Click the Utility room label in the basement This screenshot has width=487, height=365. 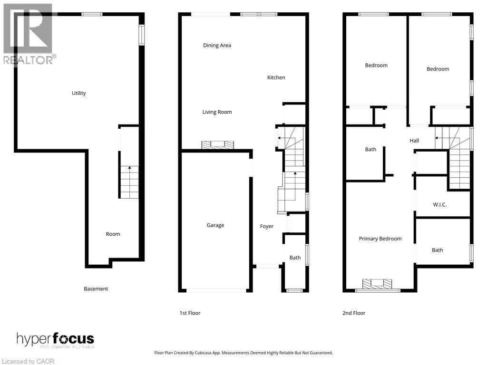click(x=79, y=93)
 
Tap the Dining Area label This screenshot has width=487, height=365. click(x=217, y=46)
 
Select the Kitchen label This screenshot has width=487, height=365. click(x=276, y=77)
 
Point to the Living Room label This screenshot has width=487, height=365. click(x=217, y=112)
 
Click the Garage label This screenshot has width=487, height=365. click(x=215, y=225)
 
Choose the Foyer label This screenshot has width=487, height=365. click(x=267, y=226)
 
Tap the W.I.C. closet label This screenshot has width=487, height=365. click(x=440, y=205)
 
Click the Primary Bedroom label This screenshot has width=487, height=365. click(x=380, y=239)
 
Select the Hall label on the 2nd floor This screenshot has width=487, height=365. click(x=414, y=141)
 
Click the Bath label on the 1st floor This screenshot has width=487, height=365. click(x=295, y=258)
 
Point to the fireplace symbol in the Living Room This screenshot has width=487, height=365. click(x=217, y=145)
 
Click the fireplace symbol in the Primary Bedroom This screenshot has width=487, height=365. click(x=378, y=284)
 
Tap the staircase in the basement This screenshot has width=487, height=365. click(x=129, y=182)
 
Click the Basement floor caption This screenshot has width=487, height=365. click(x=96, y=288)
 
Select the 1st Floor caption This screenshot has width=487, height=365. click(x=190, y=313)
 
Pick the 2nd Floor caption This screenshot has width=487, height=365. click(x=354, y=313)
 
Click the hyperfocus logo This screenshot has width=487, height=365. click(x=56, y=339)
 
